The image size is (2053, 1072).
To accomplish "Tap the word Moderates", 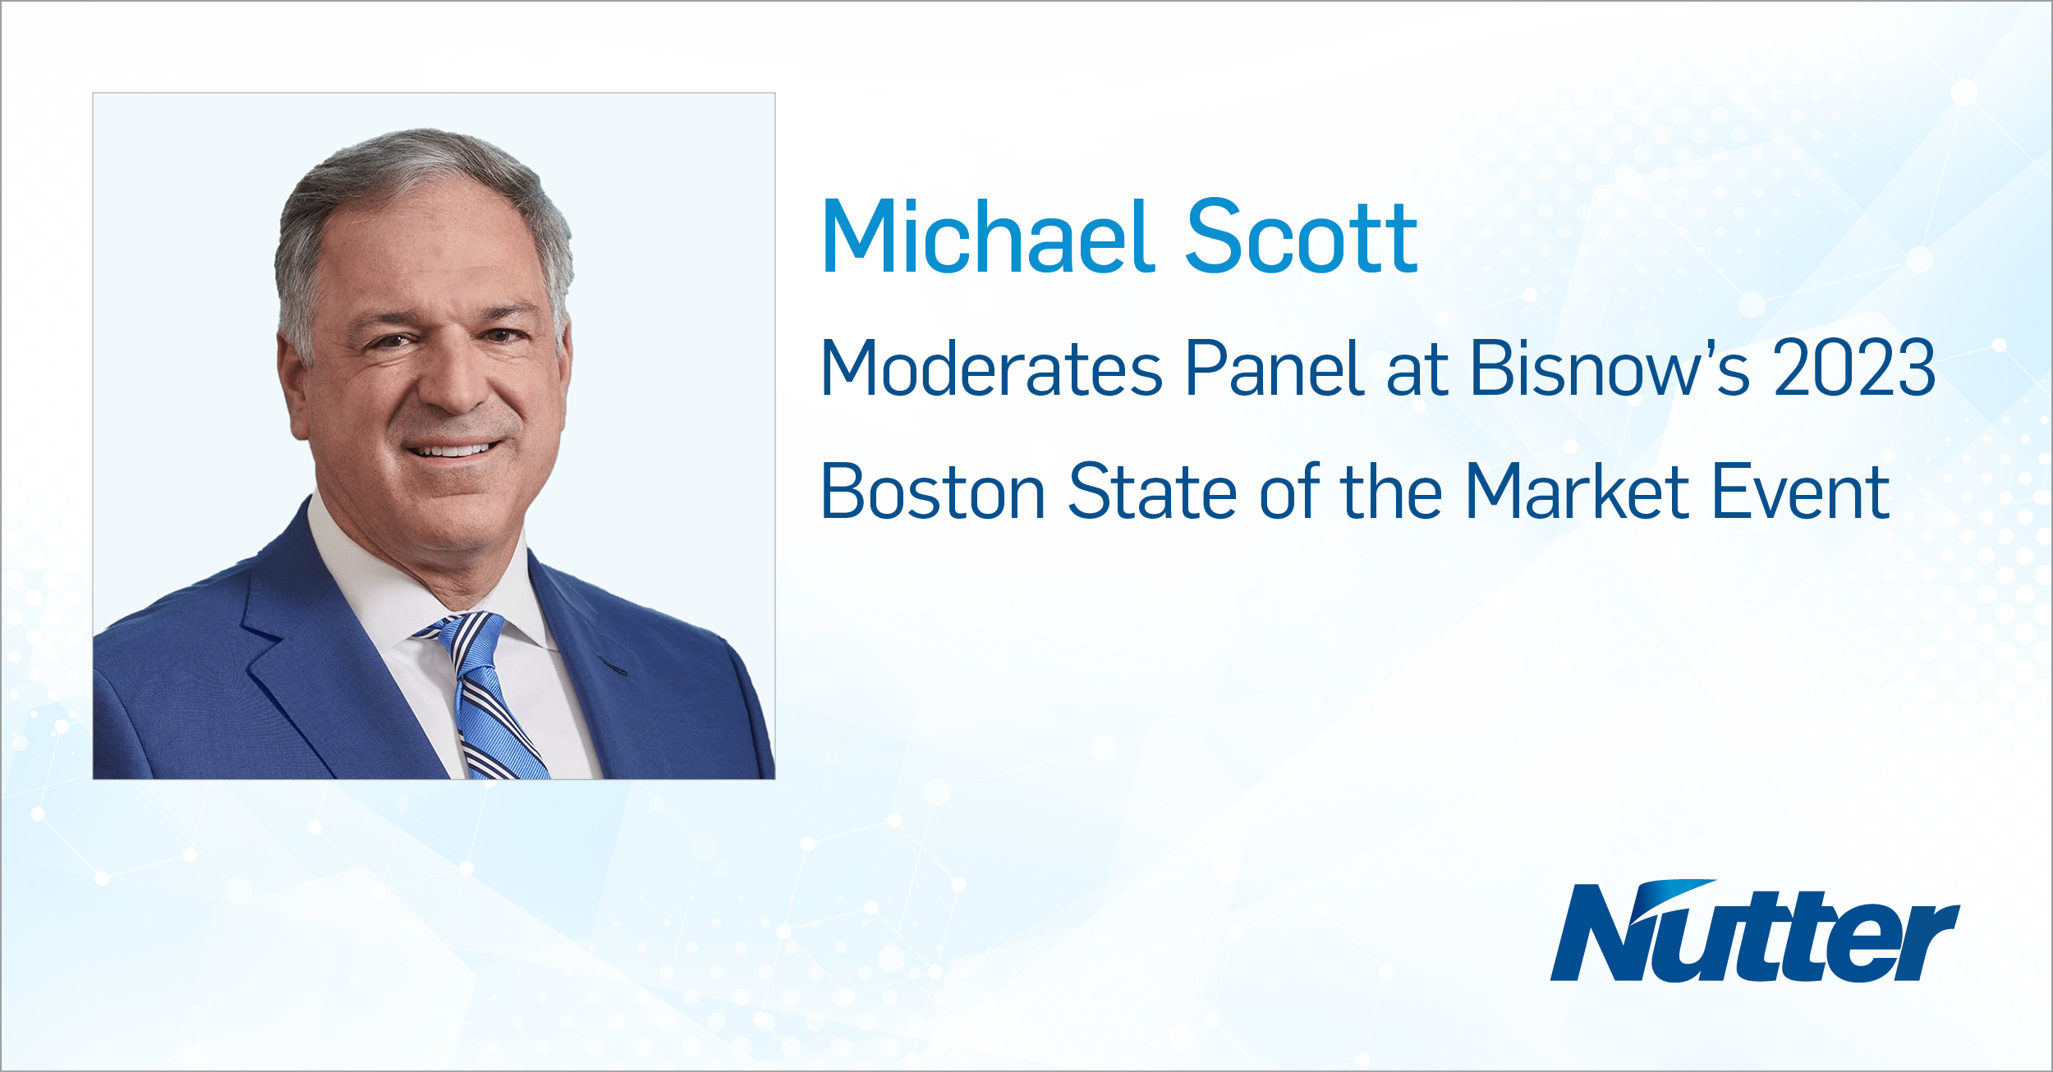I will tap(992, 369).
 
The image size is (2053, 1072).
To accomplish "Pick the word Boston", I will tap(933, 492).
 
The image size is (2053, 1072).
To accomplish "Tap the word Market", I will tap(1577, 492).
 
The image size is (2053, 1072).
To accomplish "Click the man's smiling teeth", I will tap(452, 451).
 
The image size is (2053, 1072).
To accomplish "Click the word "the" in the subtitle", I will tap(1391, 492).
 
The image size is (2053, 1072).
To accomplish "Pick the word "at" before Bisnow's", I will tap(1417, 369).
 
